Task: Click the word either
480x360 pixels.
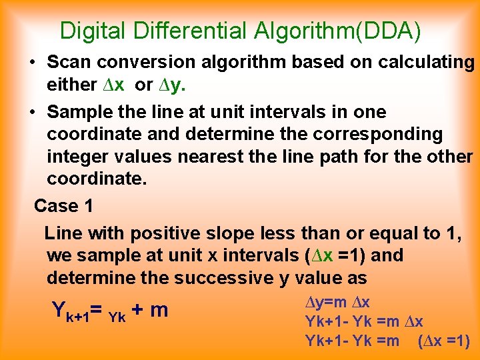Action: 72,85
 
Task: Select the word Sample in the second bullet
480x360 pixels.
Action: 75,111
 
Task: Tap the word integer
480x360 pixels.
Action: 75,157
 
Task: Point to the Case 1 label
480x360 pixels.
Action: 64,206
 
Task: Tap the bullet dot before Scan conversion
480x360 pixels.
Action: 32,63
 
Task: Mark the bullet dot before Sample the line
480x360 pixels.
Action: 32,112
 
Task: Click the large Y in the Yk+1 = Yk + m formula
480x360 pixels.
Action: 58,310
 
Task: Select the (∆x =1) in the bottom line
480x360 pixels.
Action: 444,341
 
